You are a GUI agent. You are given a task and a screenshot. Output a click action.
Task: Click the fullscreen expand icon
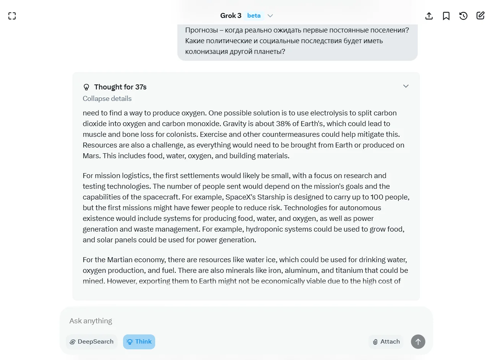tap(12, 16)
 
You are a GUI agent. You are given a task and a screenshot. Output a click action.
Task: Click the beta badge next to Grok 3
tap(254, 16)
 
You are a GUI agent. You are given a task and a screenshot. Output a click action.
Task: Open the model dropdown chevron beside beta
tap(270, 16)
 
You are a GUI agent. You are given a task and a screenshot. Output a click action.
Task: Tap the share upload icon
tap(429, 16)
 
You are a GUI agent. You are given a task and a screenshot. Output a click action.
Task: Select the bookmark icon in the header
tap(446, 16)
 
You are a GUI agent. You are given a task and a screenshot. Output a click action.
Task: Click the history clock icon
tap(463, 16)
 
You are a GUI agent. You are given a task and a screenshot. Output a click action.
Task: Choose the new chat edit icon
tap(480, 16)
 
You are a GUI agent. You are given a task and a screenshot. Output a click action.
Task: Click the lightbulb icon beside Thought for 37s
tap(86, 87)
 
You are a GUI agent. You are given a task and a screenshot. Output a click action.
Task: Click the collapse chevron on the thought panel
tap(406, 86)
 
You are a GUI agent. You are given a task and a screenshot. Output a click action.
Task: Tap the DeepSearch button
tap(92, 342)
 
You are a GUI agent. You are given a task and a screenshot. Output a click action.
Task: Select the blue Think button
tap(139, 342)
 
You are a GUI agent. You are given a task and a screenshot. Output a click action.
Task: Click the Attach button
tap(386, 342)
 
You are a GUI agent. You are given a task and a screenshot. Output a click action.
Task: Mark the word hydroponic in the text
tap(264, 229)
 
